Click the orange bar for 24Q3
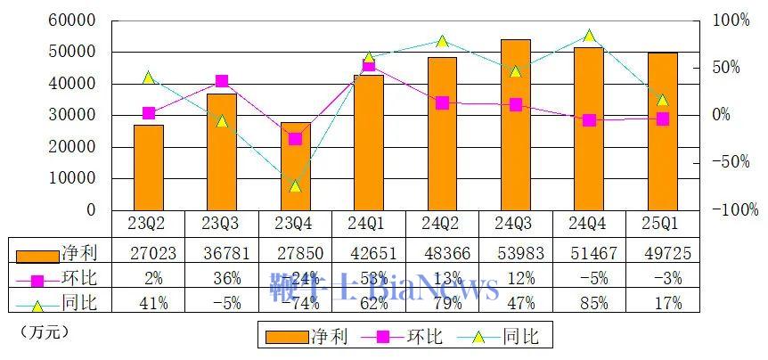point(515,125)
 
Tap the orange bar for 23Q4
point(295,166)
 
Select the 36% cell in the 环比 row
point(222,278)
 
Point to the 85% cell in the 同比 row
point(589,304)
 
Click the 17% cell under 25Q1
point(662,304)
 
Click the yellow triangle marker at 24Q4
point(589,37)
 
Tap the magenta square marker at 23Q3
point(222,81)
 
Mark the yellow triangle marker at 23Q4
point(295,186)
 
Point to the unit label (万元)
point(43,331)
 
